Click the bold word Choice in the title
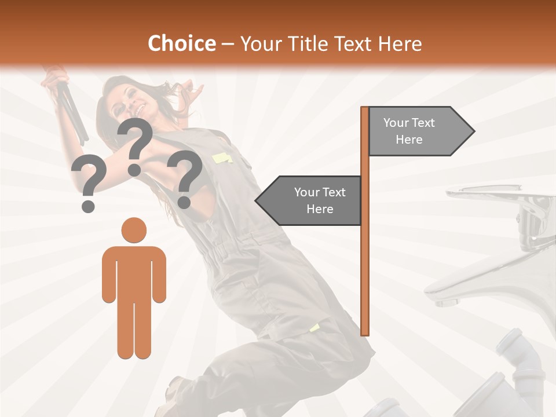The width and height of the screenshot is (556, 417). tap(181, 43)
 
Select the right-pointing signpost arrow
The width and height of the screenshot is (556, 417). tap(420, 131)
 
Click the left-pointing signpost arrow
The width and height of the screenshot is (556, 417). tap(310, 200)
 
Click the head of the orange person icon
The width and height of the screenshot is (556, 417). tap(134, 230)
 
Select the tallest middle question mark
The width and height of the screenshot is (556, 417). tap(136, 142)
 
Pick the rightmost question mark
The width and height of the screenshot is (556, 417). tap(185, 177)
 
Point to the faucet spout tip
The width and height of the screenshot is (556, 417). tap(443, 301)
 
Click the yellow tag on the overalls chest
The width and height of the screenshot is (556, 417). tap(221, 158)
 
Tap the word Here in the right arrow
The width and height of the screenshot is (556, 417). tap(409, 140)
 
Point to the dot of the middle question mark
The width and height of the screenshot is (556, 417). tap(134, 170)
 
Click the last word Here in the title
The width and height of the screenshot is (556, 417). tap(400, 43)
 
